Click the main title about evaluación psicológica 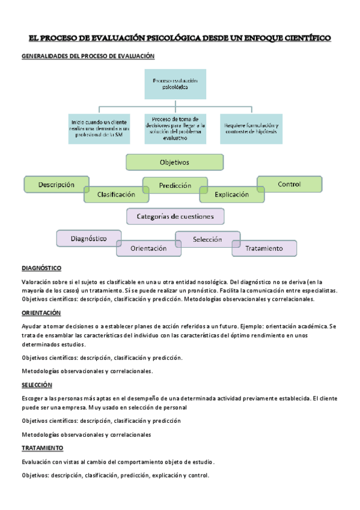180,38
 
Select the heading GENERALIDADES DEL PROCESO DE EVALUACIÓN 88,56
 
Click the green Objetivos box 174,162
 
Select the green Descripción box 56,184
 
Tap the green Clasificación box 117,194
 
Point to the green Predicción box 175,185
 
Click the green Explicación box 232,194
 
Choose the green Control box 289,184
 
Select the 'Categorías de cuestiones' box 175,216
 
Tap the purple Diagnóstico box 88,238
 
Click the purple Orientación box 148,248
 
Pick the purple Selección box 207,239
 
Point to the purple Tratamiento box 264,248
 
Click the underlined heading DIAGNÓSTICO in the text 41,268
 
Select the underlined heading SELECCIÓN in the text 37,384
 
